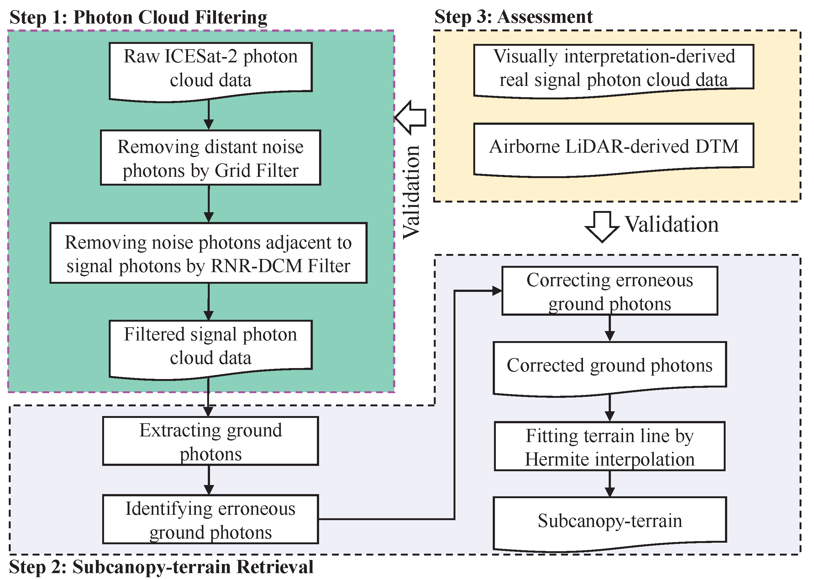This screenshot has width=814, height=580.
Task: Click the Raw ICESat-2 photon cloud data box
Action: coord(210,70)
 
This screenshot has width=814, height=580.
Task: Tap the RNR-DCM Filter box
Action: coord(208,253)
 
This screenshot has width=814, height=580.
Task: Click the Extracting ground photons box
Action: coord(210,441)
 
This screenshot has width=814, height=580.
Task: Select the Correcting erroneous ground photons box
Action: coord(609,291)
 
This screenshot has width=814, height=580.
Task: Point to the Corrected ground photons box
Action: coord(609,366)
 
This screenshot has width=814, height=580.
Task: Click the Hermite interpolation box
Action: coord(609,446)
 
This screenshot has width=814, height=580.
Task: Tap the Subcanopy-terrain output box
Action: coord(609,521)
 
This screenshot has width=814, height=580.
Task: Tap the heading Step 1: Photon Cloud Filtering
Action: coord(138,17)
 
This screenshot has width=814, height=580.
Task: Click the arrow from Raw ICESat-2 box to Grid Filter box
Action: coord(208,115)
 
